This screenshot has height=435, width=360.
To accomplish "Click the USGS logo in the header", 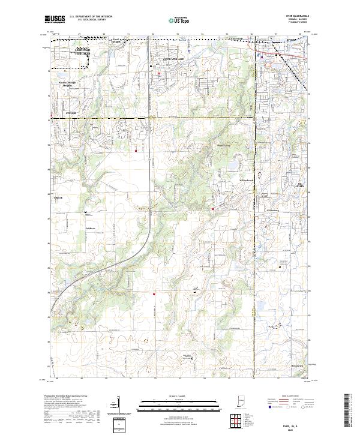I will click(x=55, y=20).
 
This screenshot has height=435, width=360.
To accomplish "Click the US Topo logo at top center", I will click(x=180, y=20).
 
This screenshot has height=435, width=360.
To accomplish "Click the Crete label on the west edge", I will click(x=58, y=197).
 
